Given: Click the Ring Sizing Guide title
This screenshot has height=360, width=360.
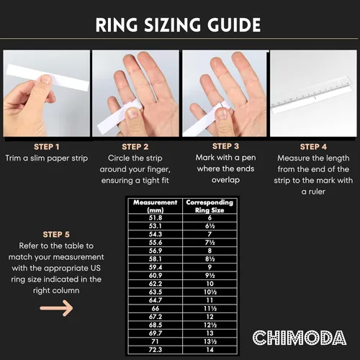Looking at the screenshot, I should (179, 25).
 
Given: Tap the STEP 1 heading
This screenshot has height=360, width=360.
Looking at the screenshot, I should (45, 146).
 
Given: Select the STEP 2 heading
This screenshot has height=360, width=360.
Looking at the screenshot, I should (135, 146).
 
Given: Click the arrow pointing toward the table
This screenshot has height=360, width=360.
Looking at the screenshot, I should (56, 308).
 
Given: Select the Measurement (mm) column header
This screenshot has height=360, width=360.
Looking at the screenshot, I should (154, 206).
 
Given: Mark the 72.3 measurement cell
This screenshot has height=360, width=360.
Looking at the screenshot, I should (154, 348).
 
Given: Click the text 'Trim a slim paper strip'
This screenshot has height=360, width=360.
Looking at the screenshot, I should (45, 158).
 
